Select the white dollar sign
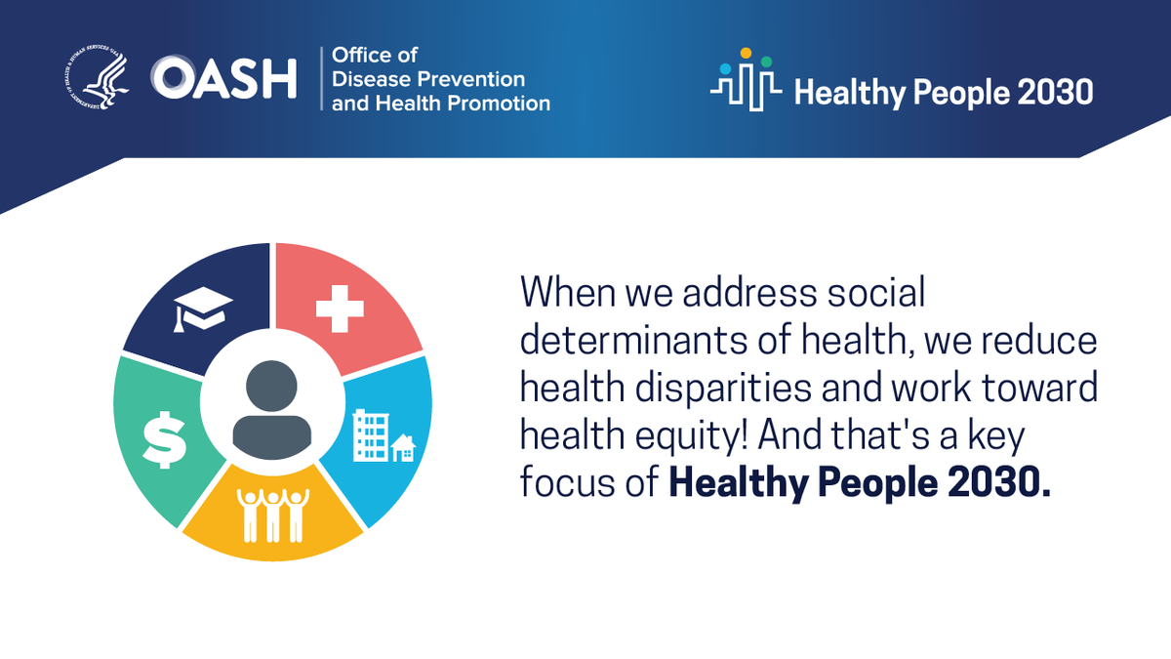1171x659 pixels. click(164, 438)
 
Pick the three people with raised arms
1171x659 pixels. click(272, 514)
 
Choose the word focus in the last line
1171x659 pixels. click(566, 482)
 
